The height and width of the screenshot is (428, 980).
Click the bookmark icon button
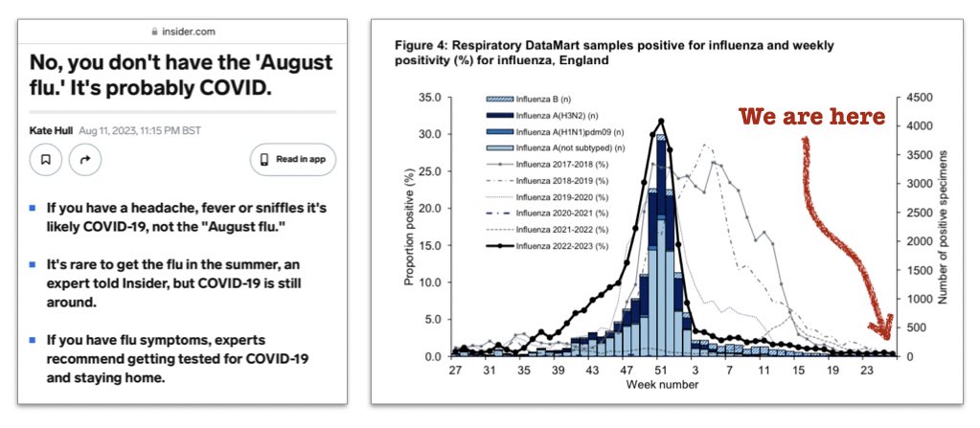[x=45, y=160]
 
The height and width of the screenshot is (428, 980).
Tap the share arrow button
[x=85, y=160]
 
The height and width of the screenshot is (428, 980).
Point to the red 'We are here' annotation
[x=811, y=119]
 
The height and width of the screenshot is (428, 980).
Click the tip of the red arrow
[x=887, y=336]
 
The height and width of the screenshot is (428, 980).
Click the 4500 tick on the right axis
[x=916, y=98]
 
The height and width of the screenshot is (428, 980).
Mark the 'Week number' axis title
[x=663, y=385]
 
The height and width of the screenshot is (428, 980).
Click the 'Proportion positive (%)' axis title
[x=409, y=227]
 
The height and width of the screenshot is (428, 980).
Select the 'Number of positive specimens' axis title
[x=946, y=226]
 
